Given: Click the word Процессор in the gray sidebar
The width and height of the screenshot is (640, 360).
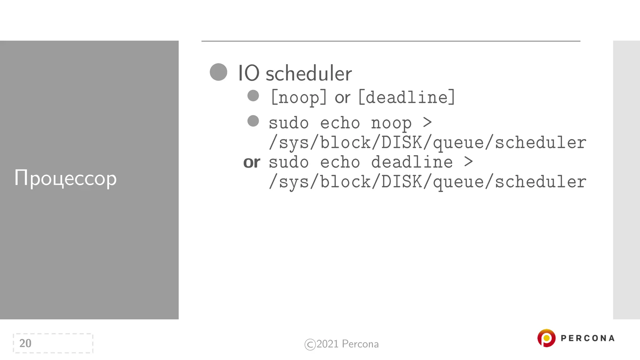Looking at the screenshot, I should coord(65,178).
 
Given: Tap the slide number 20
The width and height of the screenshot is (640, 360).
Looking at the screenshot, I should coord(25,343).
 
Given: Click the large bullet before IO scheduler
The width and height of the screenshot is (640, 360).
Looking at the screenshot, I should coord(218,72).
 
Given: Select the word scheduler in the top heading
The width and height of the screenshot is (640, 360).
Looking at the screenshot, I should coord(308,73).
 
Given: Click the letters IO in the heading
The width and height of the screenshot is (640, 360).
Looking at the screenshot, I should coord(248,73).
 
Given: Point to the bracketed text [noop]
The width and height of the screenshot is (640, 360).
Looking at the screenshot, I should coord(299,97).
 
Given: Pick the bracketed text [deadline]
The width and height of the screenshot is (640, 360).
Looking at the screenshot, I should coord(407,97).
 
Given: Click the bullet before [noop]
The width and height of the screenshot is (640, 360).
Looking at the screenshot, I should coord(253,96).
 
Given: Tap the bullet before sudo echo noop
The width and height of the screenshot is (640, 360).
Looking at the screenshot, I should coord(253,121).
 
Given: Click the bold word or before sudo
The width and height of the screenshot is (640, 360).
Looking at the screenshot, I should coord(252,162).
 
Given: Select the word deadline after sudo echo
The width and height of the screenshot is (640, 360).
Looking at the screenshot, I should coord(412,162).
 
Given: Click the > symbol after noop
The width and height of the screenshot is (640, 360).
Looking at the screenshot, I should coord(427,122).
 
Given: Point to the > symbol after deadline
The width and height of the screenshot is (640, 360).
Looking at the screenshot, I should coord(468,162).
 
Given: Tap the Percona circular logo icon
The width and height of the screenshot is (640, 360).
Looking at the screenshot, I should coord(546,338).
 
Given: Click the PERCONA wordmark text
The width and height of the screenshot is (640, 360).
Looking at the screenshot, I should coord(587,338).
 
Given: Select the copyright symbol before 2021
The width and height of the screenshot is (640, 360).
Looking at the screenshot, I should coord(310,344).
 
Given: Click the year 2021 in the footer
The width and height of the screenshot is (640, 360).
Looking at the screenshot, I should coord(327,344).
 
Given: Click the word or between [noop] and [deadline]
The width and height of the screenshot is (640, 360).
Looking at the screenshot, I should coord(342,98).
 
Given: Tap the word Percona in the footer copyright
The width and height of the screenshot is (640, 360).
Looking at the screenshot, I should coord(360,344).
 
